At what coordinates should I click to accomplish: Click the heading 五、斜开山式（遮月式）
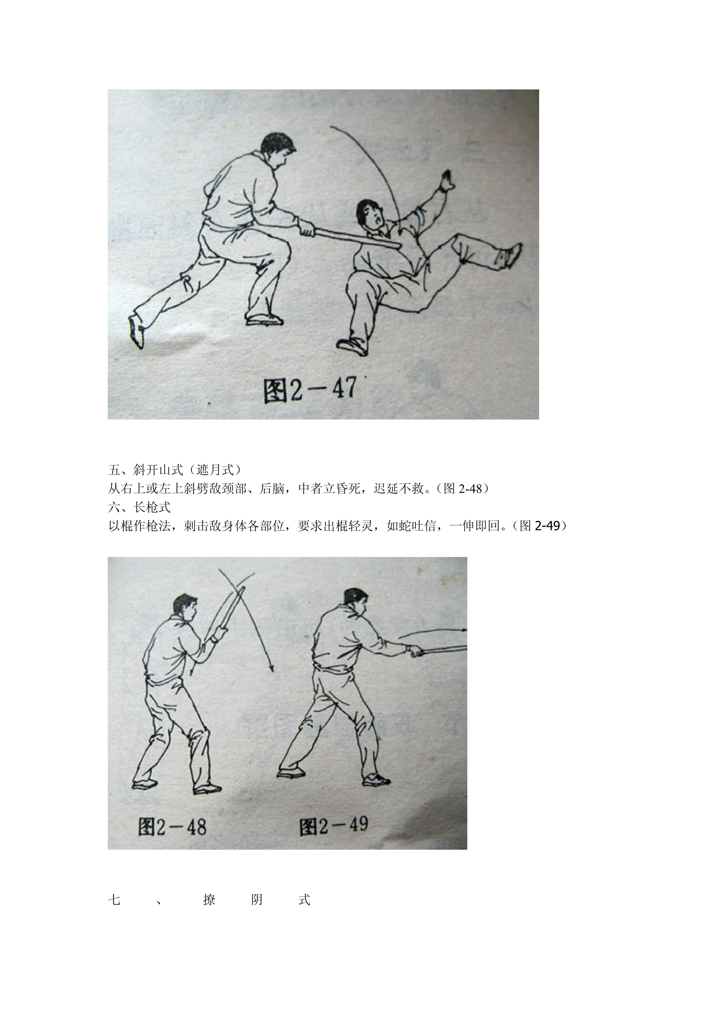pyautogui.click(x=174, y=470)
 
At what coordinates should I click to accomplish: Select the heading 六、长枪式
pyautogui.click(x=139, y=508)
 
